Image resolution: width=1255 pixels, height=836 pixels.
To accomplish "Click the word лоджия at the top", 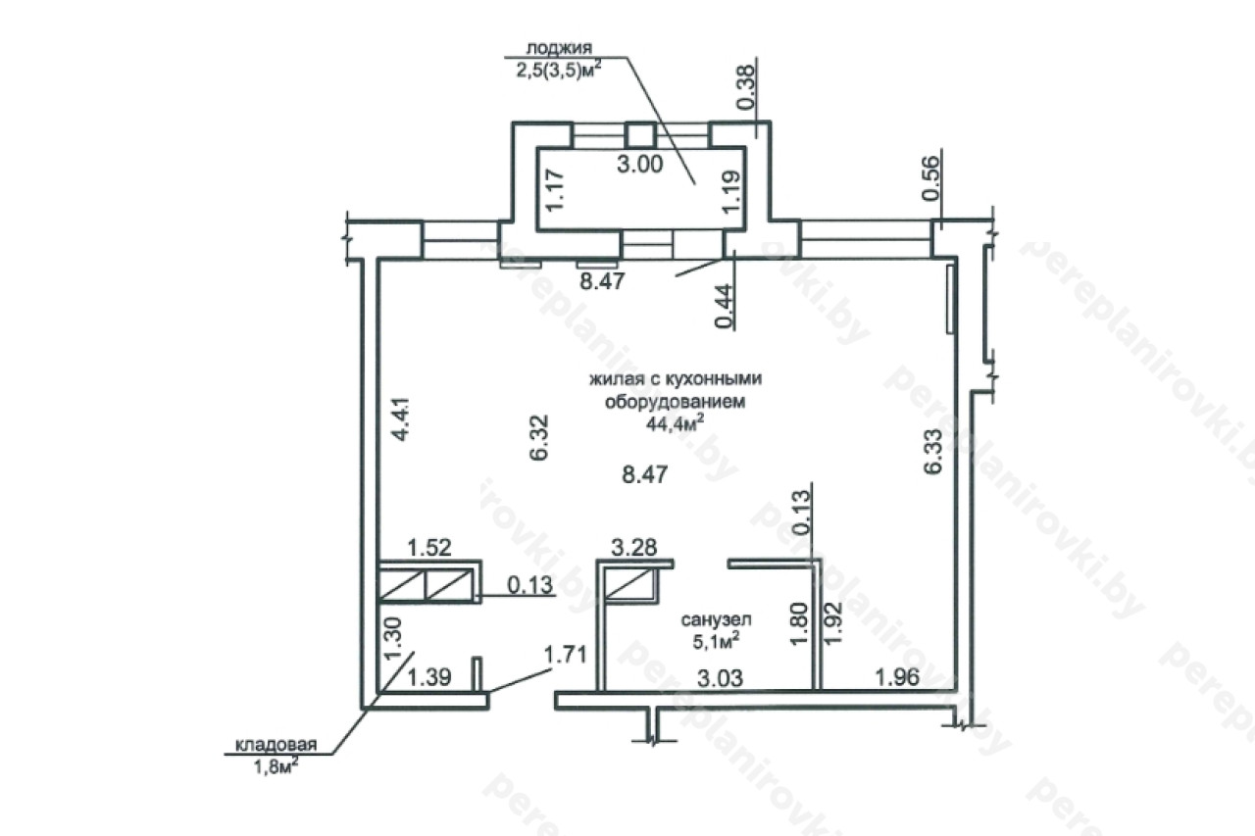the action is [x=559, y=47].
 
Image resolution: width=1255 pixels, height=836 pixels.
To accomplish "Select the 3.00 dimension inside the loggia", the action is [x=640, y=164].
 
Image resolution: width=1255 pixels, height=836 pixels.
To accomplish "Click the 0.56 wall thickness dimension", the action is [x=930, y=177].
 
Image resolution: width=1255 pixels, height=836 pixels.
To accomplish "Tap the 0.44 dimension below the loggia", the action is [x=724, y=306].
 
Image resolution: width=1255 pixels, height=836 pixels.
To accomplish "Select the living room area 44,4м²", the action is [x=676, y=423].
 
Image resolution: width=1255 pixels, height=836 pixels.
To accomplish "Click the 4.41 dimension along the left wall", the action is [x=401, y=418].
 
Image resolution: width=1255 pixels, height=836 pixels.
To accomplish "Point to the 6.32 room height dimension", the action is [x=539, y=437].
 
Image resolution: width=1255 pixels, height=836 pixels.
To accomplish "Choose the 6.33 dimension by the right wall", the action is [x=932, y=451].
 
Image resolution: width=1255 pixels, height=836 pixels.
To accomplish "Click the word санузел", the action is [x=717, y=619].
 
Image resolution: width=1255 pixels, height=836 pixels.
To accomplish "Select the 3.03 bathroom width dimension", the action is [x=720, y=678].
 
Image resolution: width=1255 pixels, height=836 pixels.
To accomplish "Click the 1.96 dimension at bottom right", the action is [x=897, y=677].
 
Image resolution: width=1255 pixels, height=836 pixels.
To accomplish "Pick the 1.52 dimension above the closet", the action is [x=429, y=548].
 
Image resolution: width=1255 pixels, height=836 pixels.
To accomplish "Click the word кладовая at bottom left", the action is [x=276, y=745].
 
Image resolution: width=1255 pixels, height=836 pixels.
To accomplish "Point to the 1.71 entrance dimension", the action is [x=566, y=654].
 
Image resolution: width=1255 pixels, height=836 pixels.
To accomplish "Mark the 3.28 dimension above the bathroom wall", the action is [x=633, y=547].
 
